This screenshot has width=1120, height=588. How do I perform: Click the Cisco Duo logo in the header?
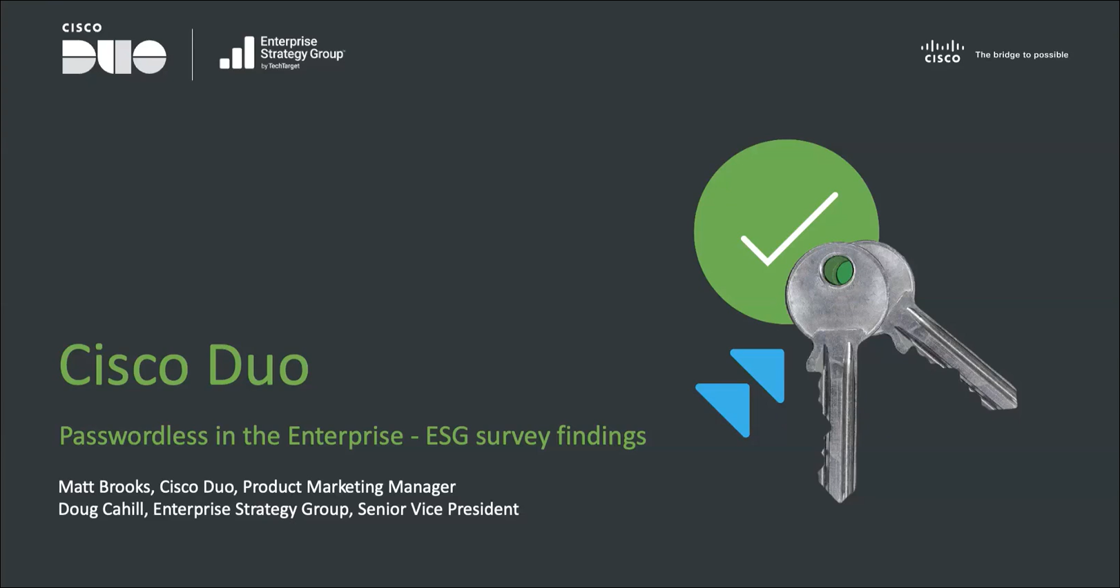click(x=114, y=48)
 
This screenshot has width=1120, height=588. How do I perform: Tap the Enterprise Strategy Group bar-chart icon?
click(x=237, y=52)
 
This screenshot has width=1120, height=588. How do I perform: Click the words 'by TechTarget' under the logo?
click(x=280, y=66)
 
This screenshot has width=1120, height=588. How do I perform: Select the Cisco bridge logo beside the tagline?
click(x=942, y=52)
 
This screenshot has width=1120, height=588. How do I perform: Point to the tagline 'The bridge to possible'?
click(x=1021, y=55)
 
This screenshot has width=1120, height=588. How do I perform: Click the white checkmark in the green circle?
click(x=789, y=229)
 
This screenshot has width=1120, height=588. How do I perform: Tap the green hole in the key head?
click(x=838, y=271)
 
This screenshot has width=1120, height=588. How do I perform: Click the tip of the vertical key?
click(x=840, y=500)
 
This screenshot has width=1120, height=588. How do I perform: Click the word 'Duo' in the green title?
click(x=258, y=365)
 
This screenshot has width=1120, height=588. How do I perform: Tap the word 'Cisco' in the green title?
click(x=124, y=365)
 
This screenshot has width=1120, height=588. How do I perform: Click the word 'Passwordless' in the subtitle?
click(x=133, y=435)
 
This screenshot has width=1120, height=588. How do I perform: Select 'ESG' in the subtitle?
click(x=447, y=435)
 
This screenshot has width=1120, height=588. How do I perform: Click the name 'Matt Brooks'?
click(x=104, y=487)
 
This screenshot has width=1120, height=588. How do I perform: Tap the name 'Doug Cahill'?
click(x=101, y=509)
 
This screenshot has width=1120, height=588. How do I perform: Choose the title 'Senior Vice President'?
click(x=438, y=509)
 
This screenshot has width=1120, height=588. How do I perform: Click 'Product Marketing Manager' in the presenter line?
click(x=349, y=487)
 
